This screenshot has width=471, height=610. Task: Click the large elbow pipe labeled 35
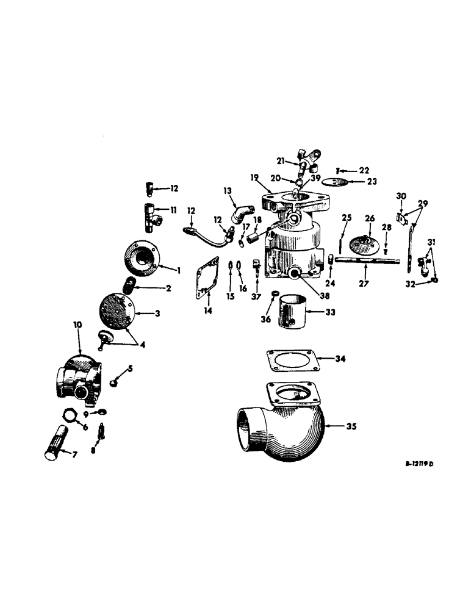click(x=281, y=427)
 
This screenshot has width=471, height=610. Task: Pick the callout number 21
click(x=281, y=160)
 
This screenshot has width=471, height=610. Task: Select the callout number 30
click(x=400, y=196)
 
